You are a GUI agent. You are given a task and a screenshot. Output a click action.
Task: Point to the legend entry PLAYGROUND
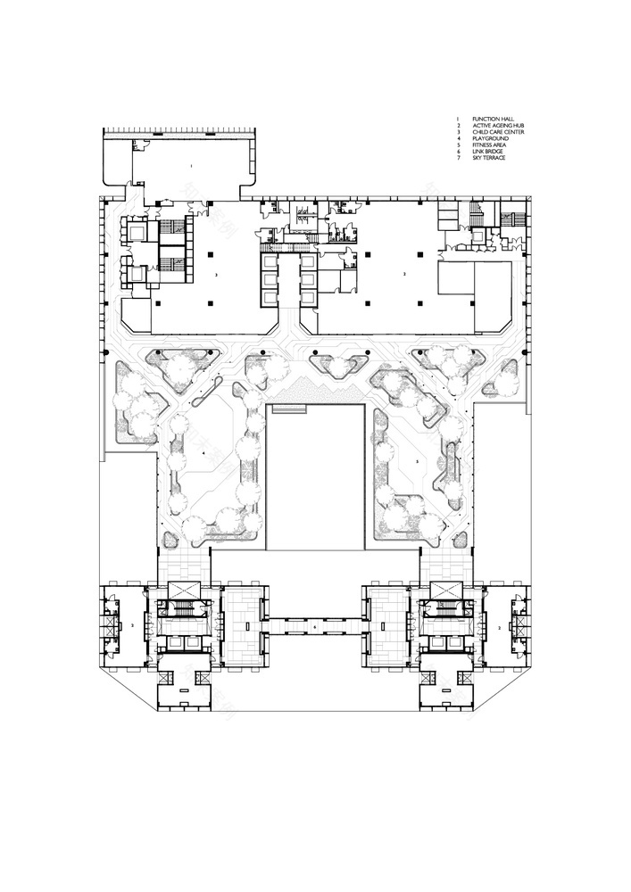pos(490,139)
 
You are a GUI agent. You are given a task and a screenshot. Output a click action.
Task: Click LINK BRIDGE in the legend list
pos(489,153)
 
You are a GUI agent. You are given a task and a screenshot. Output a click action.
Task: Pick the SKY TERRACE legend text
pos(490,160)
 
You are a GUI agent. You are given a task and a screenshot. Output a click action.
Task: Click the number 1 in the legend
pos(458,119)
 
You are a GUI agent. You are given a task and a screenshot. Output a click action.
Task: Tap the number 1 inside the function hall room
pos(190,167)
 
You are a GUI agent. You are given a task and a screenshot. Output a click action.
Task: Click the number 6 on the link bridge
pos(315,628)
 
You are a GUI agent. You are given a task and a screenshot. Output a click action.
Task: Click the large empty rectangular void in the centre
pos(315,482)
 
